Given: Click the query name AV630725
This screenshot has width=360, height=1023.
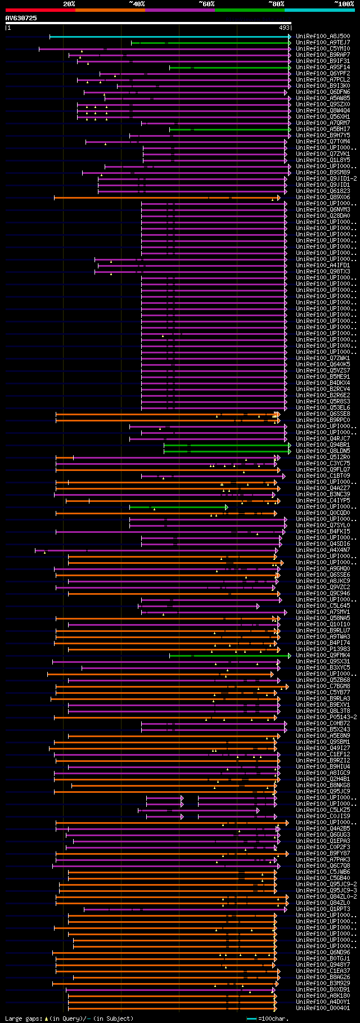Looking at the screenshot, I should coord(21,18).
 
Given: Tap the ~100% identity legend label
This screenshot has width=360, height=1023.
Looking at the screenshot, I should coord(344,3).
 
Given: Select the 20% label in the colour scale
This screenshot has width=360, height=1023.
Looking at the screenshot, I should coord(69,3).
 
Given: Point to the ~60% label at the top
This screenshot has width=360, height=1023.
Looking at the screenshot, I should coord(206,3).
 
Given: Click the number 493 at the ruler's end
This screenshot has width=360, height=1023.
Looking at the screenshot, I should coord(284,27).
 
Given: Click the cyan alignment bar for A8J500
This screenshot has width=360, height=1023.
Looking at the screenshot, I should coord(169,36).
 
